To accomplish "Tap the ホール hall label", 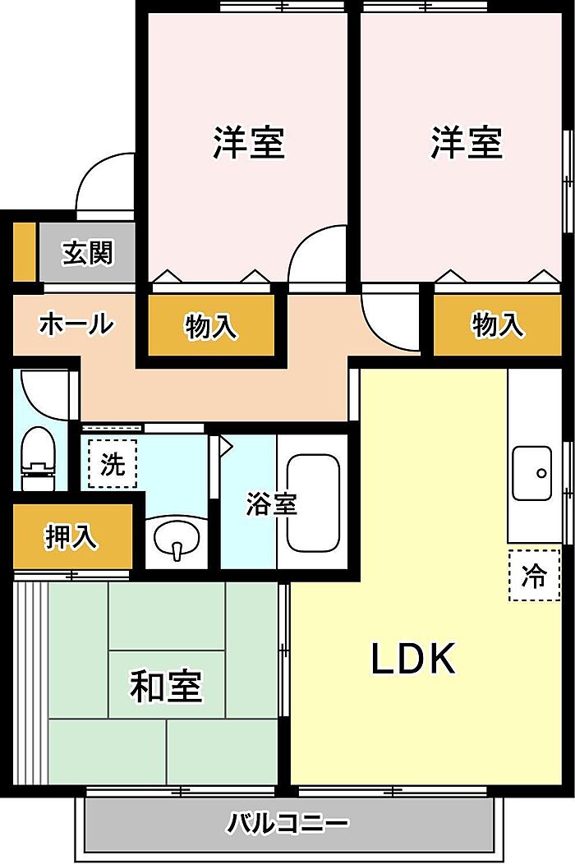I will (76, 324).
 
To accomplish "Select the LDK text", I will (413, 659).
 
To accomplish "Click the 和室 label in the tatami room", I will (166, 686).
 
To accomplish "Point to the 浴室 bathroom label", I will (271, 504).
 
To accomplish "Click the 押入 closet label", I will (71, 536).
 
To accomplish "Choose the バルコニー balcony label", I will (288, 822).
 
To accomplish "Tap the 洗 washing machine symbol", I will (113, 465).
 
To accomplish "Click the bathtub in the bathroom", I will (313, 502).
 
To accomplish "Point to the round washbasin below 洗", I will (176, 541).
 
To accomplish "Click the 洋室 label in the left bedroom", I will (249, 142).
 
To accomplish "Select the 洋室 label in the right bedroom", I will (467, 142).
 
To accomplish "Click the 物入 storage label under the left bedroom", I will (211, 326).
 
